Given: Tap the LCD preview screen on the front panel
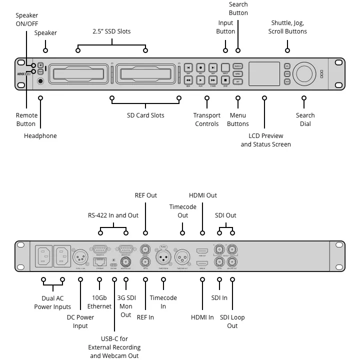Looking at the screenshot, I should [264, 73].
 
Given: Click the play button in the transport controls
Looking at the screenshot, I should [200, 79].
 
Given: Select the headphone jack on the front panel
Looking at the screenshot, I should [40, 80].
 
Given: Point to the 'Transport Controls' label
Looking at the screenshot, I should [207, 119].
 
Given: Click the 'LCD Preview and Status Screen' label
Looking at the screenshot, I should [265, 140].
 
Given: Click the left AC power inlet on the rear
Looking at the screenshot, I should [43, 257].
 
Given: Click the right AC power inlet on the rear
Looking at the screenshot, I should [62, 257].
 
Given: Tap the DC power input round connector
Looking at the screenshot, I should [80, 257].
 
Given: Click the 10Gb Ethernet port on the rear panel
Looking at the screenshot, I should [99, 261].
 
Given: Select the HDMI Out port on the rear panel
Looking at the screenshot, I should [202, 250].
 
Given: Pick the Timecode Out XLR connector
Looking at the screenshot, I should [183, 257].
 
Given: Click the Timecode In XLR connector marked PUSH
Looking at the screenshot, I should [163, 257].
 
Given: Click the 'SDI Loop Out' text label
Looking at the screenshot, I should [232, 321].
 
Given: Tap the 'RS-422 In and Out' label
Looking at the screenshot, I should [113, 215].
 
